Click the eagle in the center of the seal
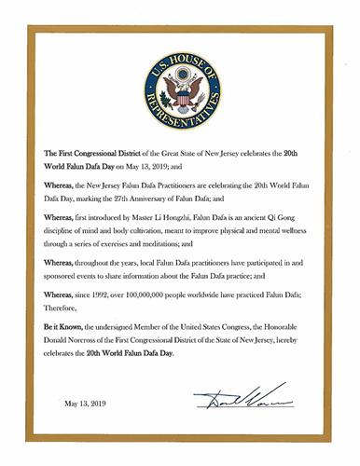point(180,93)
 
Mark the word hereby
point(305,355)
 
